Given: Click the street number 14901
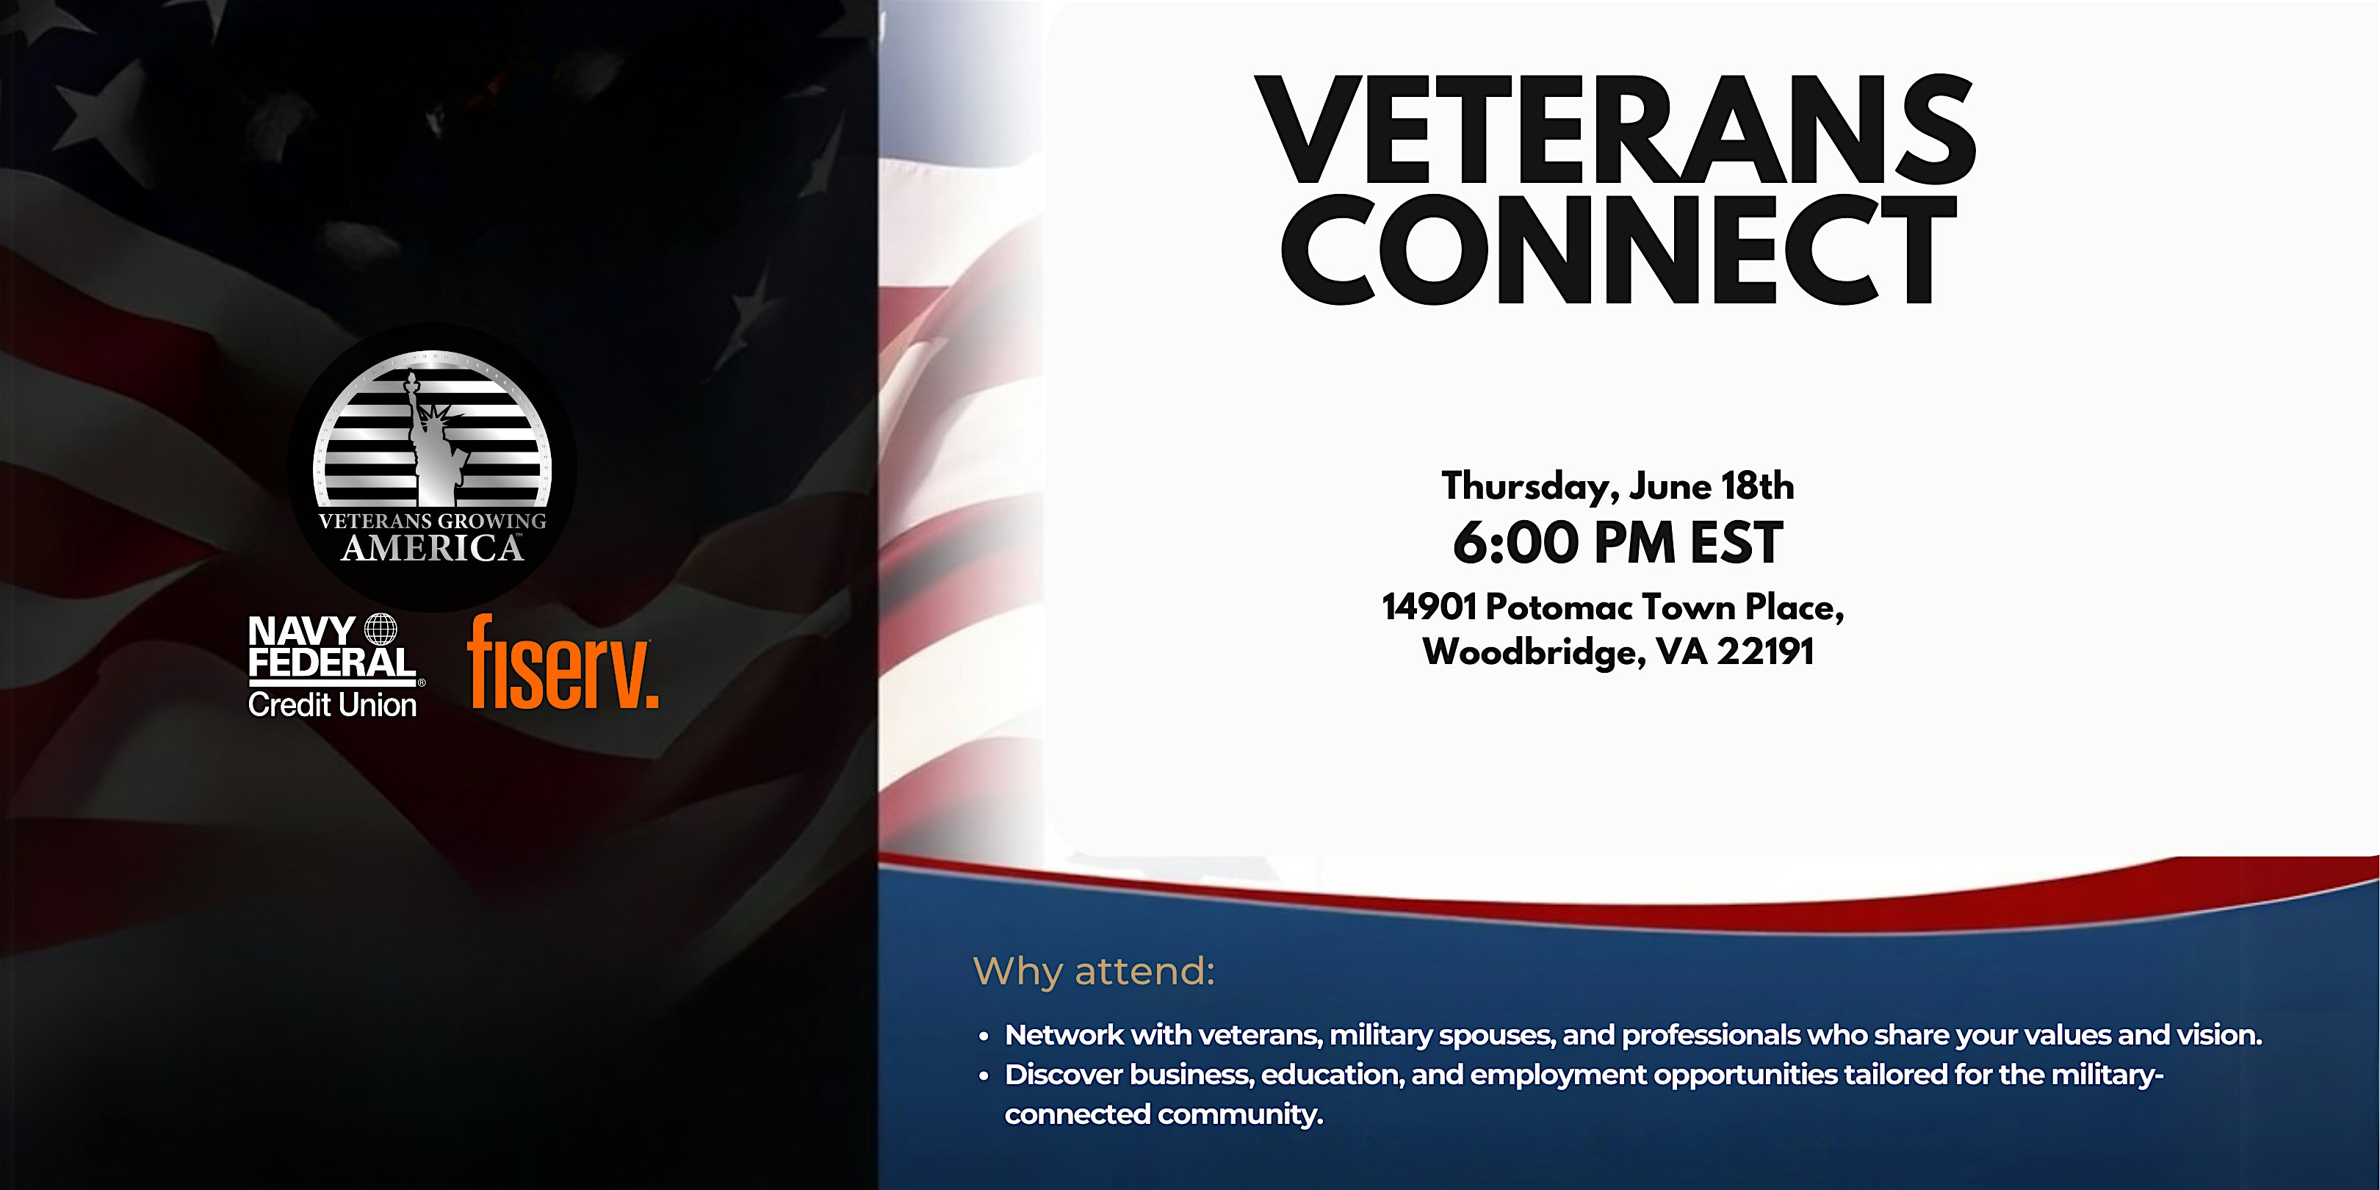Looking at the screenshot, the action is pos(1429,607).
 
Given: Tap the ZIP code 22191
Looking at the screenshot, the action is pos(1766,652).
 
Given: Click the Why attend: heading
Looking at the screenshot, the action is pos(1094,972).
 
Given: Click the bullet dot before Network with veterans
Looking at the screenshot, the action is pos(984,1036).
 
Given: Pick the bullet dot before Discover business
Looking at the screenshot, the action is pos(984,1076).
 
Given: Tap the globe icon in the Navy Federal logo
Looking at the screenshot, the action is pos(381,630).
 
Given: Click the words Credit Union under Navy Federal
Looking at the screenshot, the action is pos(333,705).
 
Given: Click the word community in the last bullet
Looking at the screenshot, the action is pos(1241,1115).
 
